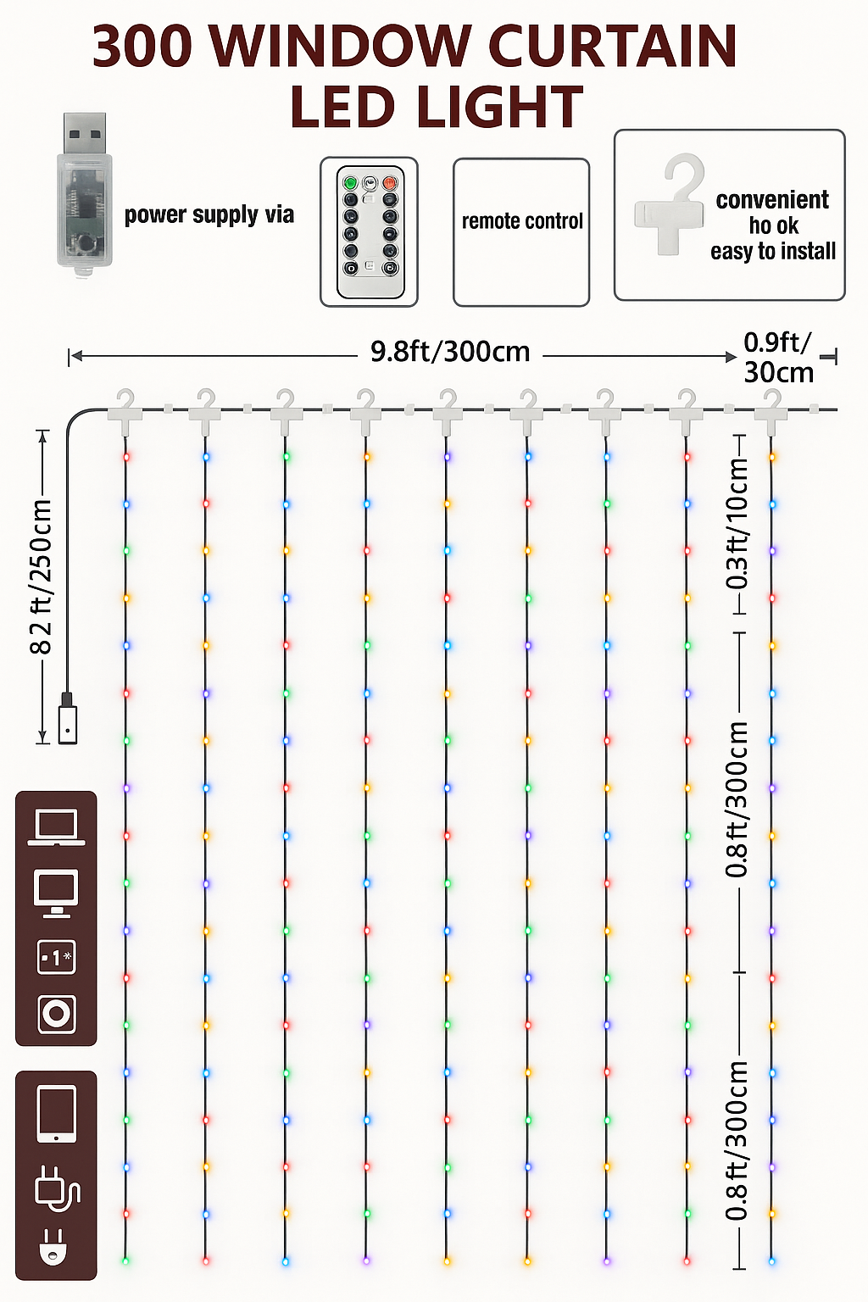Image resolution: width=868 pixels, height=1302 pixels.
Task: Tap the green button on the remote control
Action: tap(350, 183)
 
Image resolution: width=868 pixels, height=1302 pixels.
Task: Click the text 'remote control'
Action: tap(522, 221)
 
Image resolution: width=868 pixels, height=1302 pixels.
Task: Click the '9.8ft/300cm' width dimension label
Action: tap(451, 353)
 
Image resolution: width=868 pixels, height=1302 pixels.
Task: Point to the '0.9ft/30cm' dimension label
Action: tap(778, 358)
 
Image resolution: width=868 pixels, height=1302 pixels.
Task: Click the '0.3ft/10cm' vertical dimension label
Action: tap(737, 523)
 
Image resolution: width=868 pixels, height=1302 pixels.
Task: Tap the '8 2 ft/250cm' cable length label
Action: tap(41, 576)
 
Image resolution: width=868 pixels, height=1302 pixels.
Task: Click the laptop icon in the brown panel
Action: tap(57, 827)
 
